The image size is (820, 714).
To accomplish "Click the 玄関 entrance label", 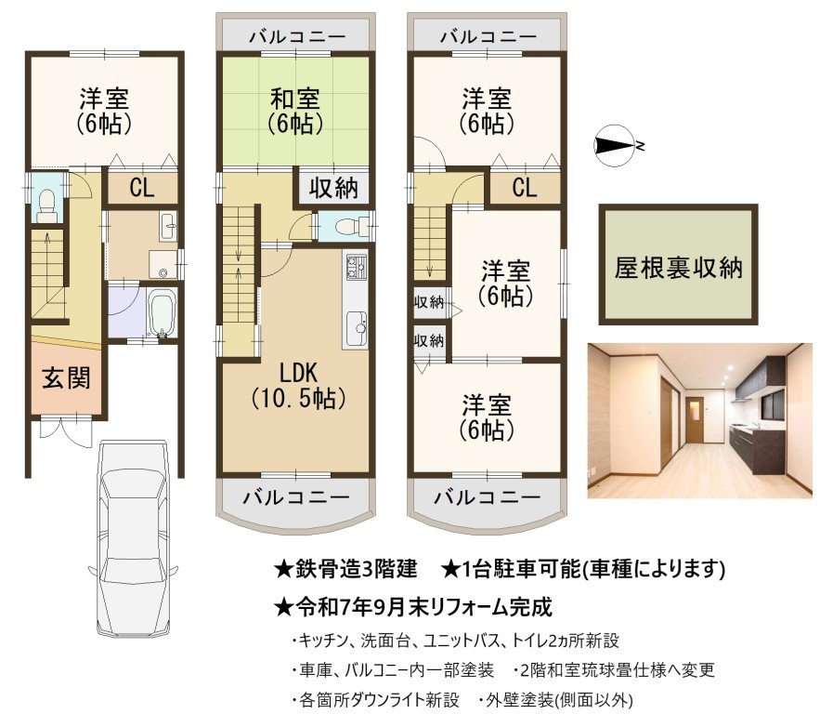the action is click(67, 377).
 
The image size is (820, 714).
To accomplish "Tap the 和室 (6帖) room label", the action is click(295, 111).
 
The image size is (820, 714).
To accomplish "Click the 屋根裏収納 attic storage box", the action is click(678, 264).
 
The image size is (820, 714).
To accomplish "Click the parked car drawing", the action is click(134, 538).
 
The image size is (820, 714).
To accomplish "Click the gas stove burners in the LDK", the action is click(356, 265).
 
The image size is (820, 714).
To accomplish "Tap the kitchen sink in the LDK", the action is click(357, 326).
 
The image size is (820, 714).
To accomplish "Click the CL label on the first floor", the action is click(142, 187).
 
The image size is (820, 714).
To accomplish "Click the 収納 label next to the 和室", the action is click(333, 187).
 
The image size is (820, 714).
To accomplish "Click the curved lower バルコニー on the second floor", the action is click(295, 501).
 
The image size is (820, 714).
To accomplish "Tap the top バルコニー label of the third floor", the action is click(488, 36).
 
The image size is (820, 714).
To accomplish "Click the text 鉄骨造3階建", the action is click(356, 568).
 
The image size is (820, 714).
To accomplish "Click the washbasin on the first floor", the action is click(168, 226).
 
